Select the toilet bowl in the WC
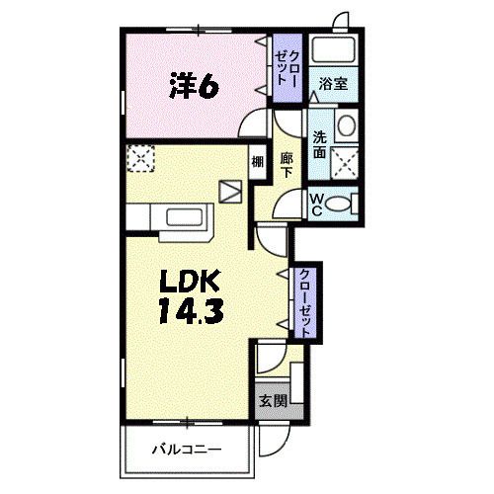[x=340, y=204]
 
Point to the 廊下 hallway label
[x=287, y=164]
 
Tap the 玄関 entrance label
[x=273, y=401]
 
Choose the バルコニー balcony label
[x=185, y=450]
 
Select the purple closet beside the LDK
[x=306, y=303]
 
